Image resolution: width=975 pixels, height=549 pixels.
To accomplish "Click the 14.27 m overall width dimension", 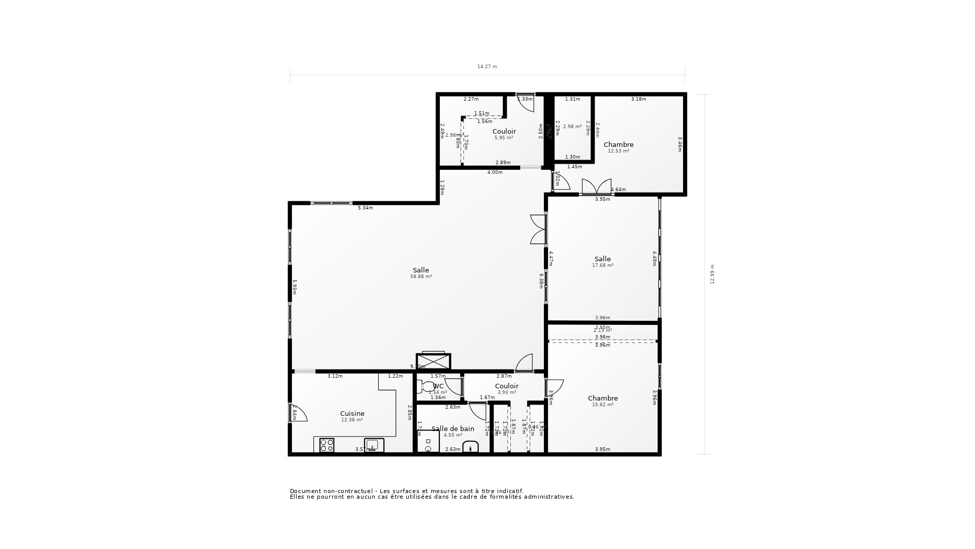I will click(x=487, y=67).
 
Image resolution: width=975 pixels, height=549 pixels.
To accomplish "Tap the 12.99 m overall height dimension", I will click(x=712, y=274).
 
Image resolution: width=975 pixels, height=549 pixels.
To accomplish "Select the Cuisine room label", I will click(x=352, y=413).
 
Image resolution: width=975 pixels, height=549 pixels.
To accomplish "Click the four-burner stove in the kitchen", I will click(x=327, y=445).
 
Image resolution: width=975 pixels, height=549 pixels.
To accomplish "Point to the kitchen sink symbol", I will click(x=374, y=445).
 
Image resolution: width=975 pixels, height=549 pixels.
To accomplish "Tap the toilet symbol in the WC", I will click(x=427, y=387).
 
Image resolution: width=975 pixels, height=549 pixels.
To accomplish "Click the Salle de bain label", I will click(x=452, y=429).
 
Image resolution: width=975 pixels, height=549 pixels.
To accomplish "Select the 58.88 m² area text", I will click(x=421, y=277).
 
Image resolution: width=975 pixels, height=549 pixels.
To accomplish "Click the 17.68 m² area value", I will click(x=603, y=265).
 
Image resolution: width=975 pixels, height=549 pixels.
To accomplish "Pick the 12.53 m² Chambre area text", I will click(x=619, y=151).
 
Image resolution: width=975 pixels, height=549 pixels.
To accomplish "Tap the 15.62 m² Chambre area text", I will click(x=603, y=405).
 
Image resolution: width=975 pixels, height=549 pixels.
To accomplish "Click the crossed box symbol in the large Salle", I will click(x=433, y=361).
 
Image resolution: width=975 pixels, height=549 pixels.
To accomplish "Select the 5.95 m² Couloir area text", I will click(x=504, y=138).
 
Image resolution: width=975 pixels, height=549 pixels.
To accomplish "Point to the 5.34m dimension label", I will click(x=365, y=208).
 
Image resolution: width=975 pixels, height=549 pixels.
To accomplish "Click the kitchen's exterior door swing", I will click(x=299, y=413).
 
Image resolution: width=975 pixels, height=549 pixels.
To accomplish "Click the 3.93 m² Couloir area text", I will click(x=506, y=392).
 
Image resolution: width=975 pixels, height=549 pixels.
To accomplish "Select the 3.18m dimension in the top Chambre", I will click(x=638, y=99).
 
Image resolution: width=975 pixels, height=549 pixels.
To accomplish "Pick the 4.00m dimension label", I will click(x=495, y=172).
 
